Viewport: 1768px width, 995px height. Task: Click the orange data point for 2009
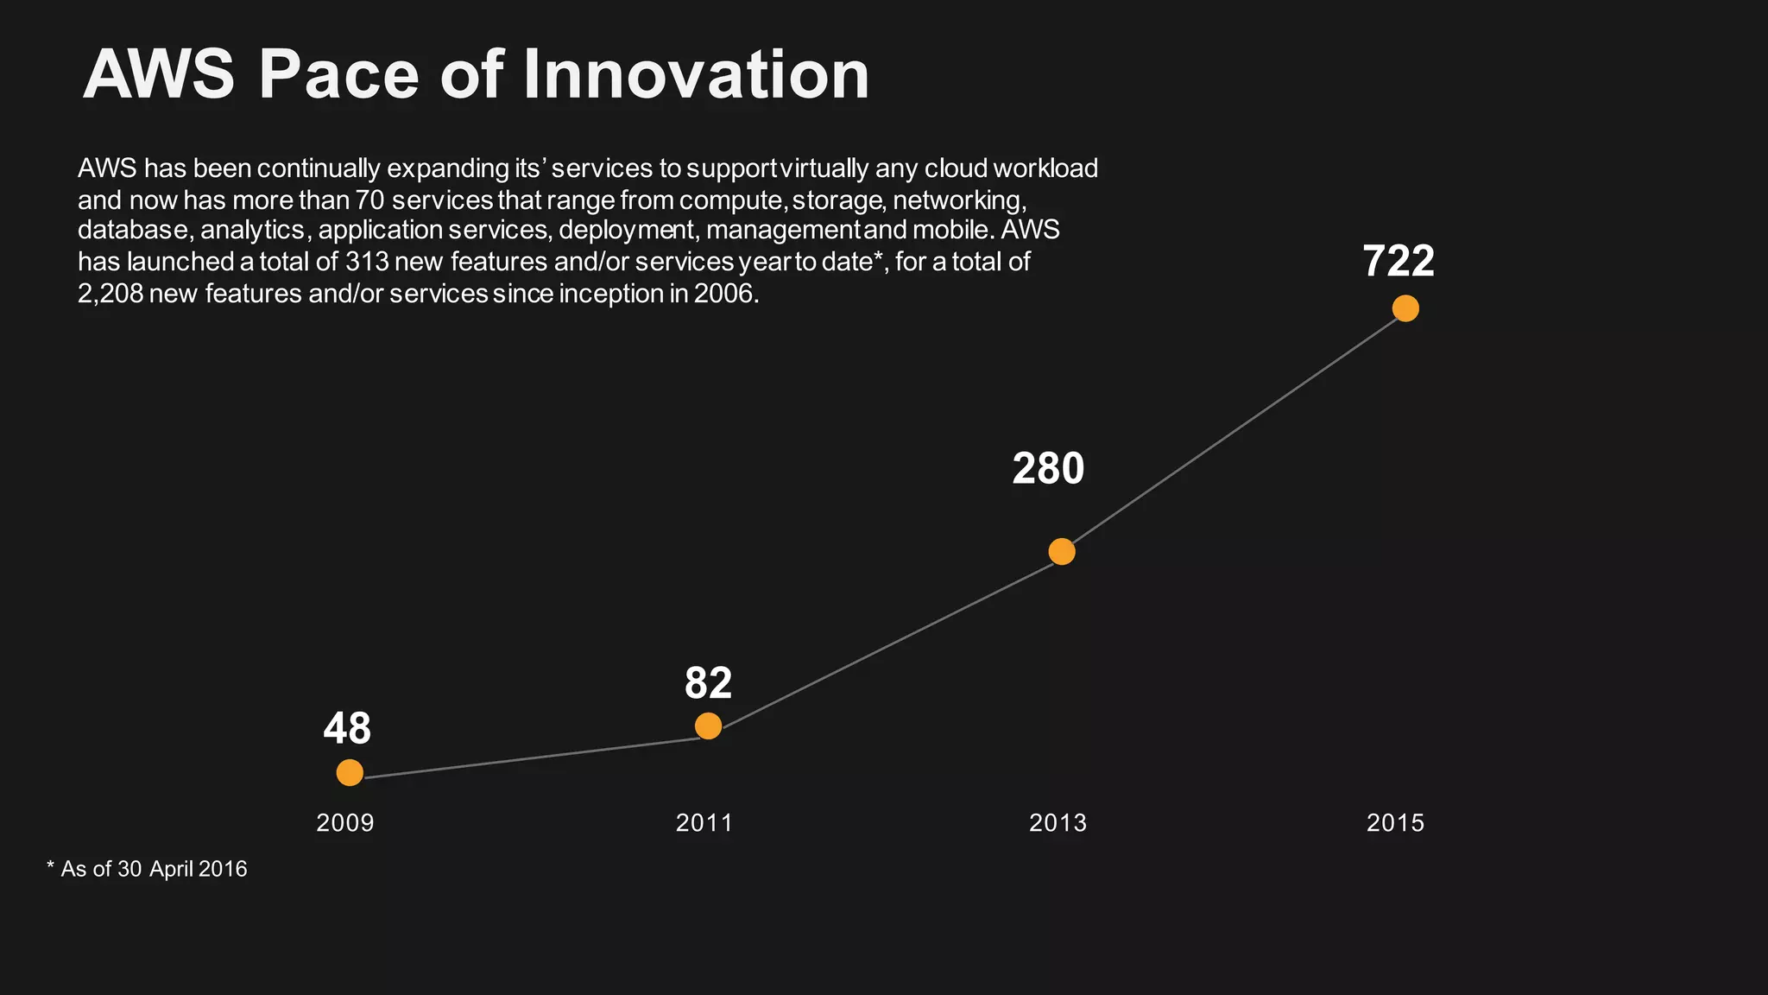tap(350, 772)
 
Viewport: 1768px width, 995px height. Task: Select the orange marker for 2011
tap(708, 726)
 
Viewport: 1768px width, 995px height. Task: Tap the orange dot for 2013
tap(1062, 551)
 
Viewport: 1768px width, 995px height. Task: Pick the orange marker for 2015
tap(1405, 308)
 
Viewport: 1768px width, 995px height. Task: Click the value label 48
tap(347, 728)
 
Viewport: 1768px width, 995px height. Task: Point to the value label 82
tap(708, 683)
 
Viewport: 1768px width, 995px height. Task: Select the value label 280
tap(1048, 469)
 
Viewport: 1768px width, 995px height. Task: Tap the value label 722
tap(1399, 261)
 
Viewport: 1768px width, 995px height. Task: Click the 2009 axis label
tap(345, 822)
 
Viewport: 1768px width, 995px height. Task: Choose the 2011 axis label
tap(704, 822)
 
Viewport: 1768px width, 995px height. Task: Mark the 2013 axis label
tap(1058, 822)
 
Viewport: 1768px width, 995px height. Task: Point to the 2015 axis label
tap(1395, 822)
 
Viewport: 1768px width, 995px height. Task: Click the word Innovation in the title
tap(696, 74)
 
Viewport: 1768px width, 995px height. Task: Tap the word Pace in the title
tap(338, 74)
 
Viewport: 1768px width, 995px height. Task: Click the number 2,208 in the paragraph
tap(110, 294)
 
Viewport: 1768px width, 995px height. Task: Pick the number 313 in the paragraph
tap(367, 262)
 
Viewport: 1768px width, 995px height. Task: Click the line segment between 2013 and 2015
tap(1234, 429)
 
